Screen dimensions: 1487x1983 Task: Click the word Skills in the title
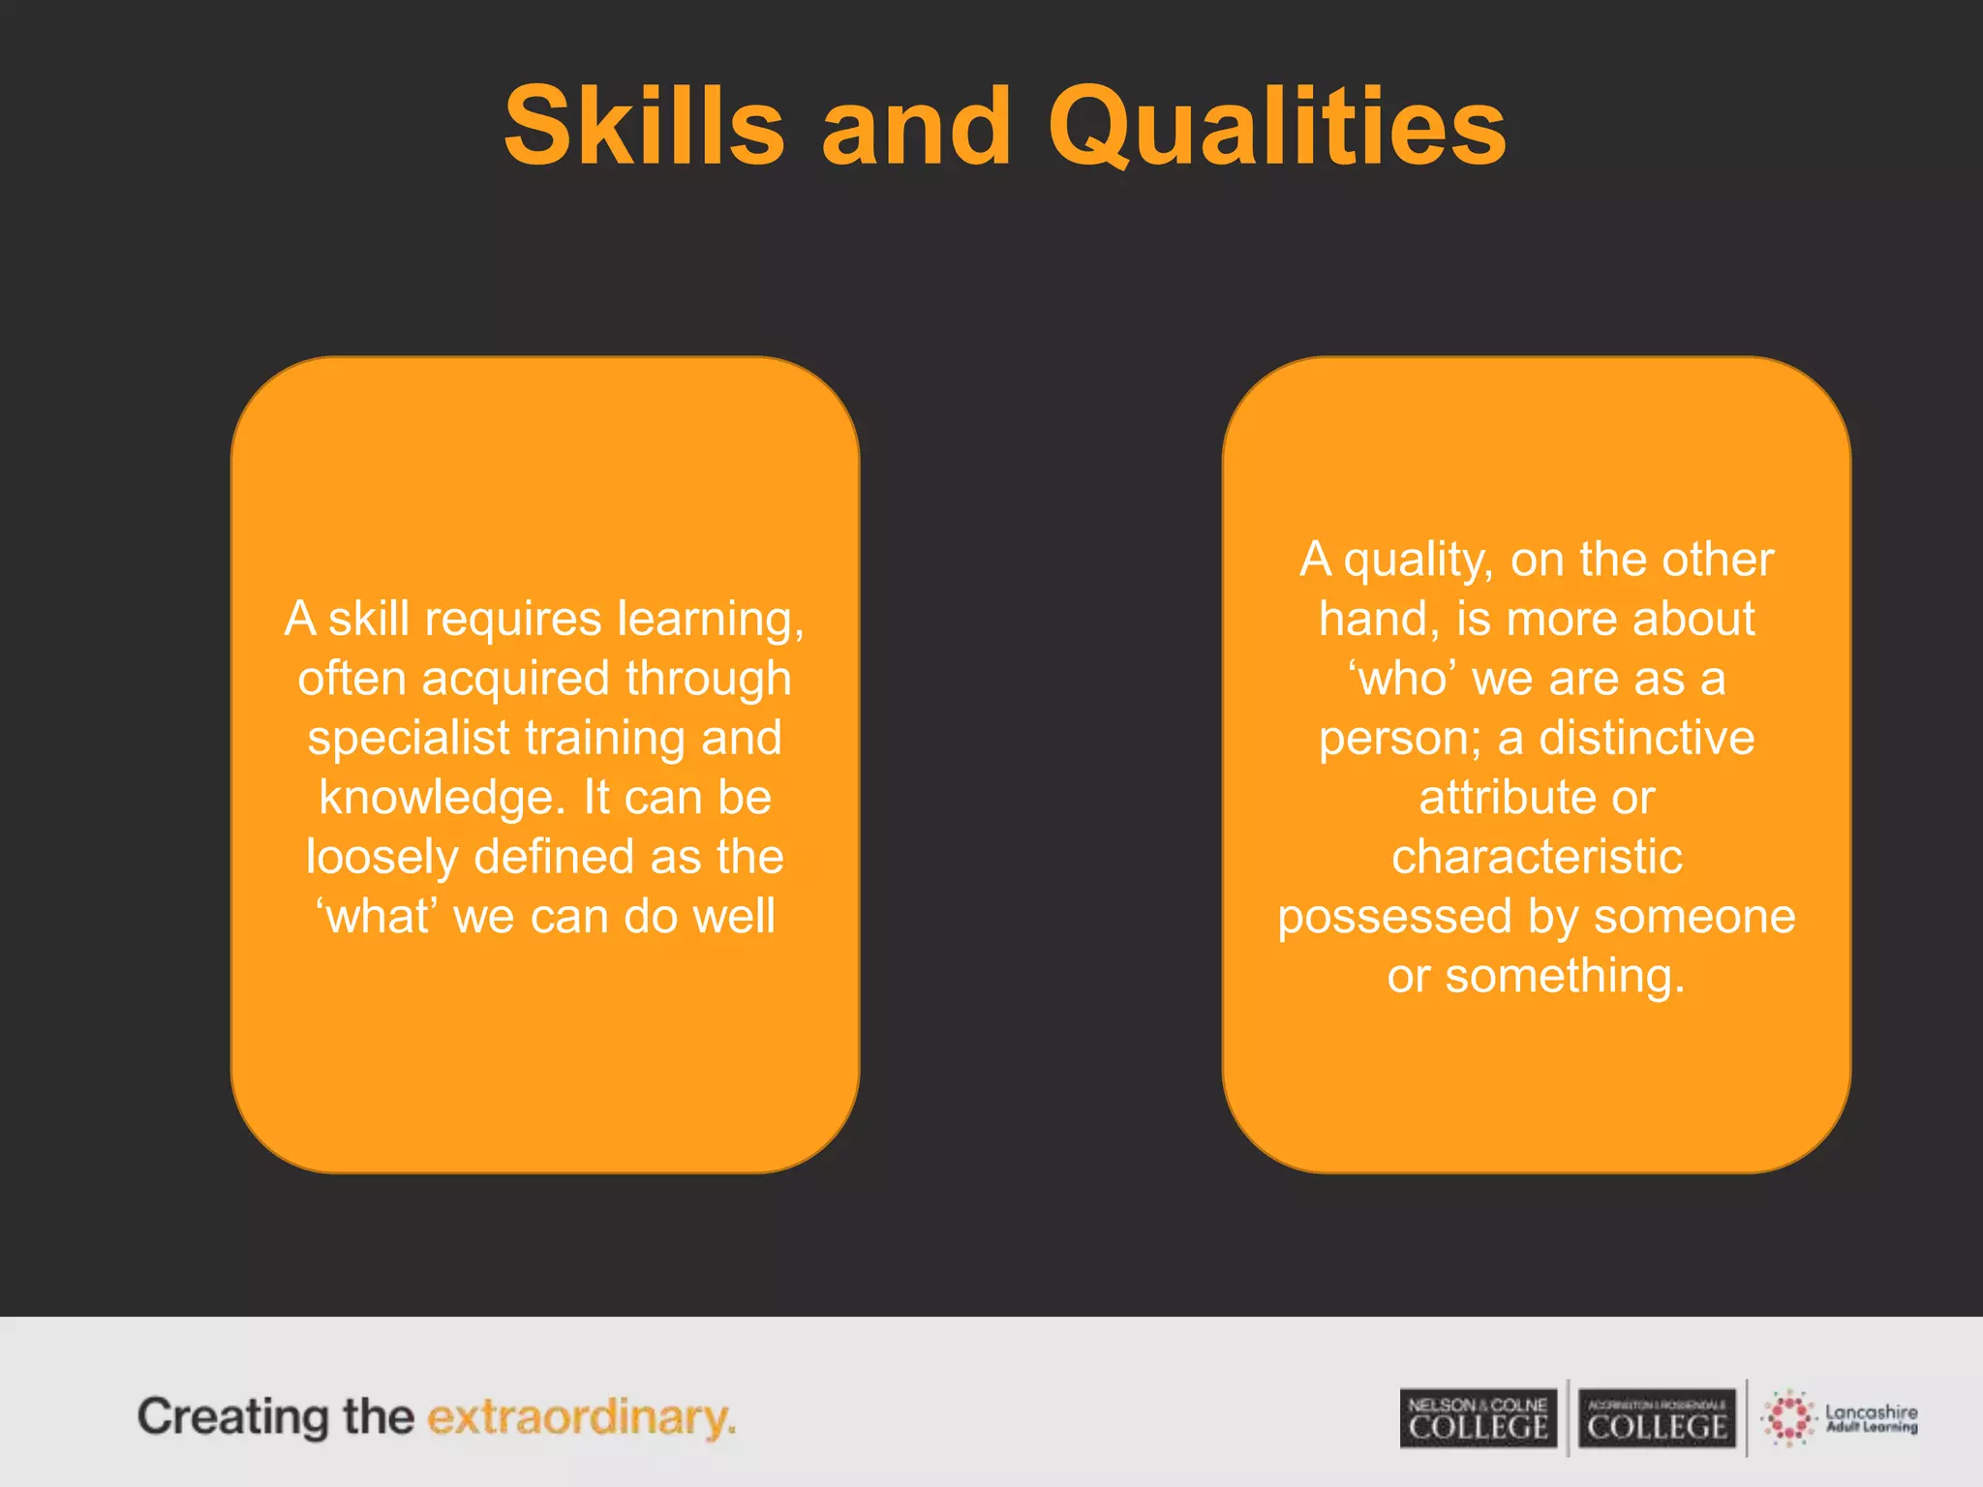pyautogui.click(x=644, y=127)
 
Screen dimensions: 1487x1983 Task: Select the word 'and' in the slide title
pyautogui.click(x=916, y=127)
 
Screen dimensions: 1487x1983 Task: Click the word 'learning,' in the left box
pyautogui.click(x=711, y=620)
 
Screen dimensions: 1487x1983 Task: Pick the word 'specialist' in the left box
pyautogui.click(x=409, y=739)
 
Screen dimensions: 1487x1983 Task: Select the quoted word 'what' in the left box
pyautogui.click(x=378, y=916)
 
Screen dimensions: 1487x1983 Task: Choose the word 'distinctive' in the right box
pyautogui.click(x=1646, y=739)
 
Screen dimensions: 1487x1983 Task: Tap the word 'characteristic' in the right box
pyautogui.click(x=1537, y=857)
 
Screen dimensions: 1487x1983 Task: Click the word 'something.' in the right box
pyautogui.click(x=1565, y=976)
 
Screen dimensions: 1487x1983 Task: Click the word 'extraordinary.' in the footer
pyautogui.click(x=581, y=1418)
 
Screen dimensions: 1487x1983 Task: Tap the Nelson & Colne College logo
pyautogui.click(x=1478, y=1418)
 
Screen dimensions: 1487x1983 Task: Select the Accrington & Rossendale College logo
pyautogui.click(x=1657, y=1418)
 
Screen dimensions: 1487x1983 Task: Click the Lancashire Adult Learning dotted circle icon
pyautogui.click(x=1788, y=1418)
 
